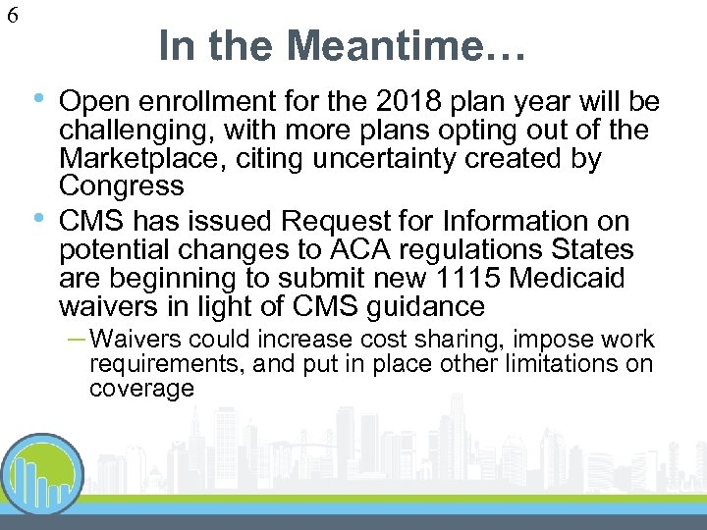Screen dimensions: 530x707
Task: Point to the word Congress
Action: (121, 185)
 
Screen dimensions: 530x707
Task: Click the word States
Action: (589, 249)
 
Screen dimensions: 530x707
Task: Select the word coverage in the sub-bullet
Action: (141, 389)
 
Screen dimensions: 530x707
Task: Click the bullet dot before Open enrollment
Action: (37, 98)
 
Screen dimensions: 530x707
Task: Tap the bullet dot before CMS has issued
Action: (37, 218)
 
